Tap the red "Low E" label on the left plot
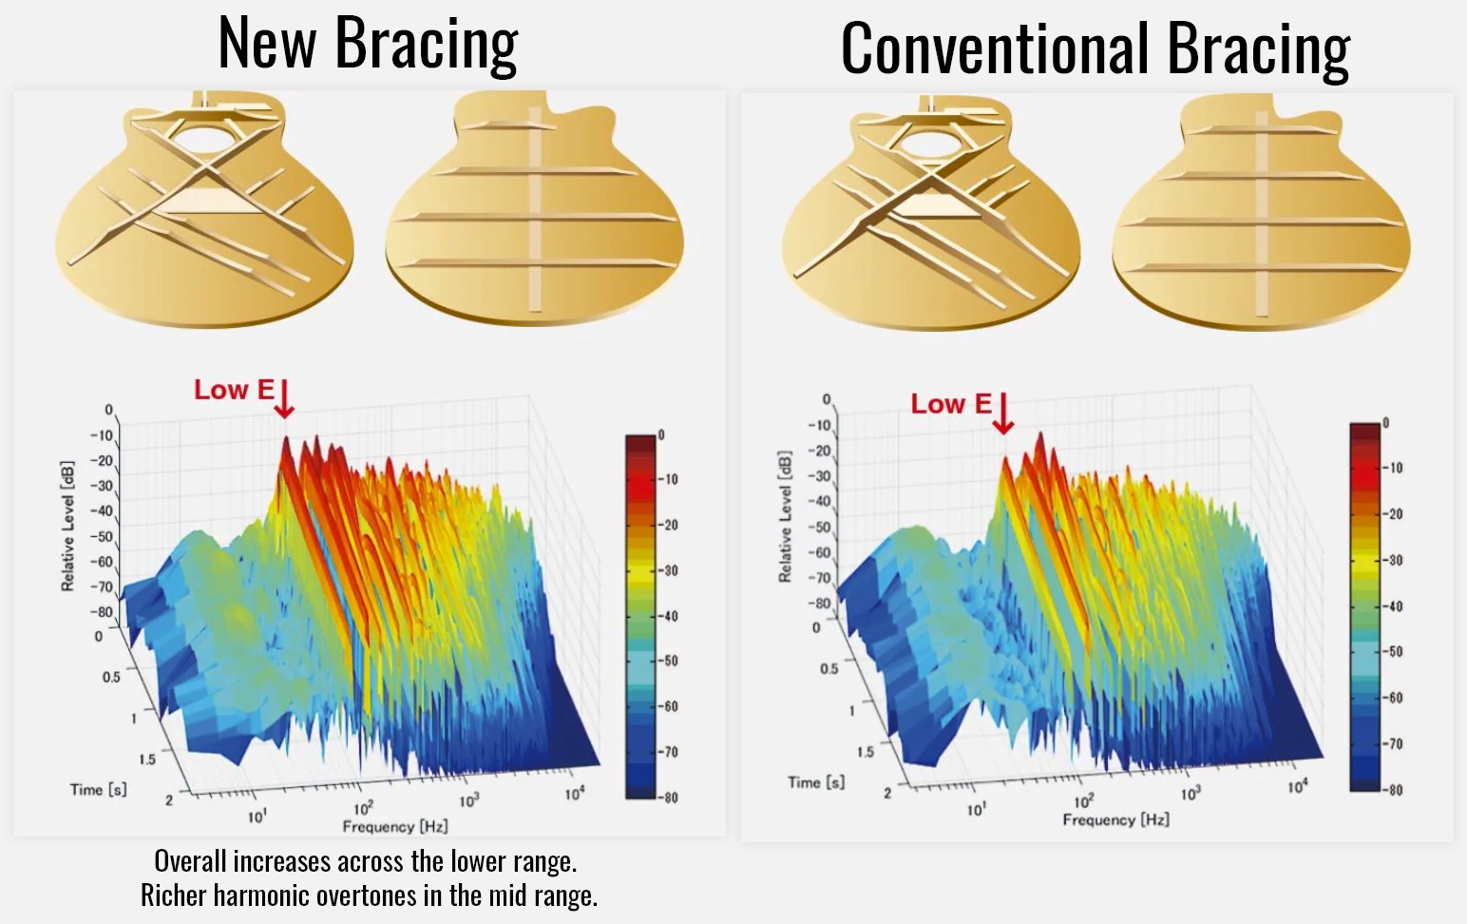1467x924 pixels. [234, 390]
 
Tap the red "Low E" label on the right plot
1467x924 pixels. [951, 404]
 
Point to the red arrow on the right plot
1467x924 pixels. [1002, 414]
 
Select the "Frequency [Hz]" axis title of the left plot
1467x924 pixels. [395, 826]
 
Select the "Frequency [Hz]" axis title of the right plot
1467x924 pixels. [1116, 819]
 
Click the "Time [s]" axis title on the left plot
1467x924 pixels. [98, 790]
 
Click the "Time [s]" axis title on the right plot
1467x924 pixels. [816, 782]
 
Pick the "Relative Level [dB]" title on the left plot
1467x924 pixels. [67, 526]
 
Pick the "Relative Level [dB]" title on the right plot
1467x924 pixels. [785, 516]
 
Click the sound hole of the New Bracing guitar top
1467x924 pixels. [204, 139]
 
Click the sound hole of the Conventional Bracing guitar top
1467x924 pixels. [930, 145]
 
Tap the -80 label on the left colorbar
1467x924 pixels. [669, 798]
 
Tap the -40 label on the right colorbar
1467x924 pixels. [1393, 606]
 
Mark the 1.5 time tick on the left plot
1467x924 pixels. [147, 760]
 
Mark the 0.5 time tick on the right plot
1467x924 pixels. [829, 668]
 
